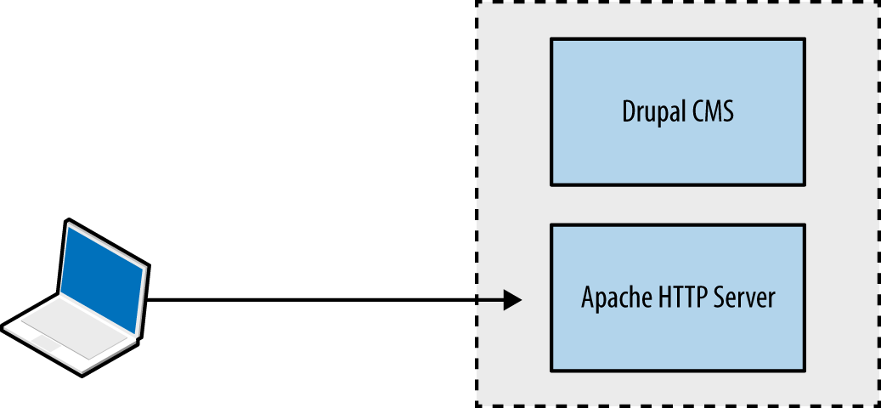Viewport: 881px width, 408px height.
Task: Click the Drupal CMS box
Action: click(x=677, y=111)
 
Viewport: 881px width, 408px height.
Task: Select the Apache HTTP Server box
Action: click(x=677, y=297)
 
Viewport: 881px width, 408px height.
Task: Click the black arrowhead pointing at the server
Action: click(x=511, y=299)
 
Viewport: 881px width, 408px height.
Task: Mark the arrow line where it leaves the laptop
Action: click(x=153, y=299)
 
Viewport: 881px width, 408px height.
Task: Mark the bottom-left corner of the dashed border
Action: click(x=476, y=405)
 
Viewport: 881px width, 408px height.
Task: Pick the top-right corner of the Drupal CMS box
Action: click(x=804, y=39)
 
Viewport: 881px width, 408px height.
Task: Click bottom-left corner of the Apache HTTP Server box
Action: click(x=551, y=371)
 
